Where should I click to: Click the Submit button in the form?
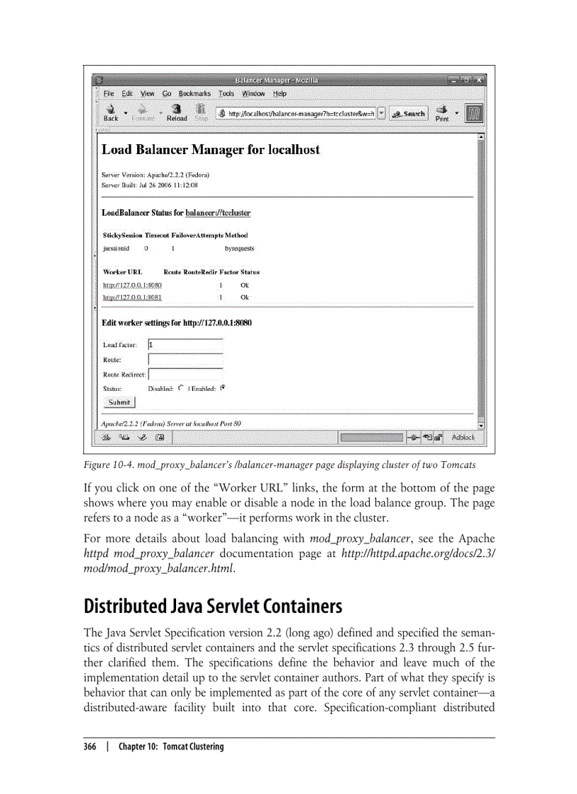click(x=119, y=402)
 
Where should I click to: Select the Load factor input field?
click(x=185, y=345)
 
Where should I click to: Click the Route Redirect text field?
click(x=185, y=374)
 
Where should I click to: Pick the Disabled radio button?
click(x=181, y=387)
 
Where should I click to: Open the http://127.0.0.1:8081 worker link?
click(x=132, y=298)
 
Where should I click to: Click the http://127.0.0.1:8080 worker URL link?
click(x=132, y=285)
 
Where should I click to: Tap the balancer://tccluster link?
click(x=218, y=213)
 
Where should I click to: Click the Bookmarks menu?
click(x=194, y=93)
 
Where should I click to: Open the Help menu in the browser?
click(x=280, y=93)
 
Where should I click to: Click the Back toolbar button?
click(x=111, y=112)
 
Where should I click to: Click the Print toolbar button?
click(x=442, y=113)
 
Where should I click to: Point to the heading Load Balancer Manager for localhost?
click(x=211, y=150)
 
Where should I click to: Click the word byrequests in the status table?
click(x=240, y=249)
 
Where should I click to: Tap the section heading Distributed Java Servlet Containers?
click(x=213, y=607)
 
